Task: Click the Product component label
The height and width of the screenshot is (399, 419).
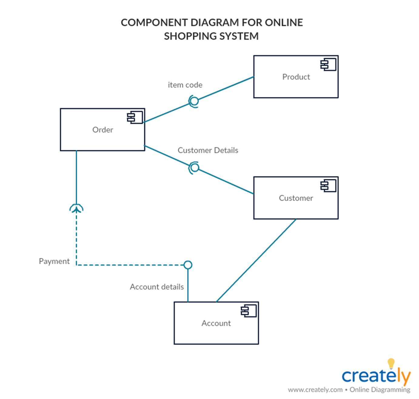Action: [x=296, y=77]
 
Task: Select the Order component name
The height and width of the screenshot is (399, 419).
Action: [x=102, y=130]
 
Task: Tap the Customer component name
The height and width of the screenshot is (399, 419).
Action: [x=296, y=198]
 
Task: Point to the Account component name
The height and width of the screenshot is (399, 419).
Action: [x=216, y=323]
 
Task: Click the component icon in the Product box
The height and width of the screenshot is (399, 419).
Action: [x=328, y=65]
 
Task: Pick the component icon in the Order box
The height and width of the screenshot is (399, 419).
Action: [x=135, y=117]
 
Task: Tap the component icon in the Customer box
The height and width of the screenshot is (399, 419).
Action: [x=328, y=186]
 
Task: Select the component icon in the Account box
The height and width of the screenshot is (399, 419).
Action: [x=249, y=311]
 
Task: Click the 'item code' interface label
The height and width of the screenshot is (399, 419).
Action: [x=185, y=85]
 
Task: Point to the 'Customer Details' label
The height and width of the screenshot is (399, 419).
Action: [x=208, y=150]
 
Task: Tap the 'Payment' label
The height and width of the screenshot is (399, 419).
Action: [x=54, y=261]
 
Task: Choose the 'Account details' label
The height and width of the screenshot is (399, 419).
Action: [x=157, y=287]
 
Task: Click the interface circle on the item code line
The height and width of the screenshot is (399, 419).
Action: [x=194, y=101]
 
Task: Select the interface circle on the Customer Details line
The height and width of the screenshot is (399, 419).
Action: [x=195, y=167]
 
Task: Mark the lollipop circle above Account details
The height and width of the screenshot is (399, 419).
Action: [x=188, y=265]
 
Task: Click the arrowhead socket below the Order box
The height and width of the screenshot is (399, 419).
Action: [x=76, y=209]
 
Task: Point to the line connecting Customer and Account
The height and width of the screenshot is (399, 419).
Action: [x=256, y=260]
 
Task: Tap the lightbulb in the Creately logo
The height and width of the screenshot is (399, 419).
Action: [x=391, y=363]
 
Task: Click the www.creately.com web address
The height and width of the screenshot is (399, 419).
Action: [x=315, y=390]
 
